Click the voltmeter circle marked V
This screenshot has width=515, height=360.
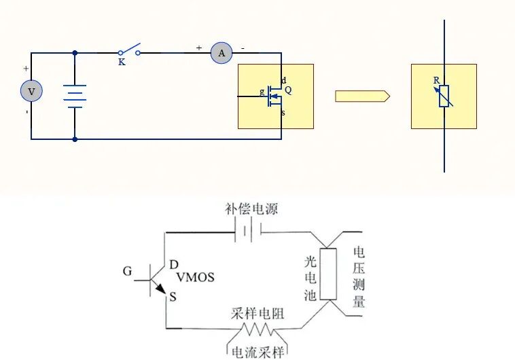pos(31,91)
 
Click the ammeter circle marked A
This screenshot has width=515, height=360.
pos(221,52)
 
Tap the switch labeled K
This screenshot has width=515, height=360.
pos(129,51)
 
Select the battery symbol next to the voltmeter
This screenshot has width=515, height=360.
pos(75,96)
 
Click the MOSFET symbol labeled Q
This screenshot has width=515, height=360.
pos(274,96)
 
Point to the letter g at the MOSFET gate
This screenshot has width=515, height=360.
pos(262,92)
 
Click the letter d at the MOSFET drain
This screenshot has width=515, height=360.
pos(283,80)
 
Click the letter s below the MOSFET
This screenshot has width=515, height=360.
pos(283,113)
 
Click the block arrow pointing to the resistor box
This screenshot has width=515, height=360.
pos(361,96)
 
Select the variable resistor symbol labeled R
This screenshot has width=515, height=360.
pos(444,96)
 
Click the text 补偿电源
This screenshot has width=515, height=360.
pos(251,209)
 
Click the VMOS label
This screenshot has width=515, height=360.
pos(195,277)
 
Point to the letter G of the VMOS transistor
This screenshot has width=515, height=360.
pos(127,272)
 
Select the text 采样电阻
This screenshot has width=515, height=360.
pos(257,313)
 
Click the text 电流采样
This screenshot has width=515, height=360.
pos(257,352)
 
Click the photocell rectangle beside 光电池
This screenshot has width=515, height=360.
pos(329,274)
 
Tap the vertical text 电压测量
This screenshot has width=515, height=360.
pos(359,277)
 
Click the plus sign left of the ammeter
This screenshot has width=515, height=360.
pos(199,48)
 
